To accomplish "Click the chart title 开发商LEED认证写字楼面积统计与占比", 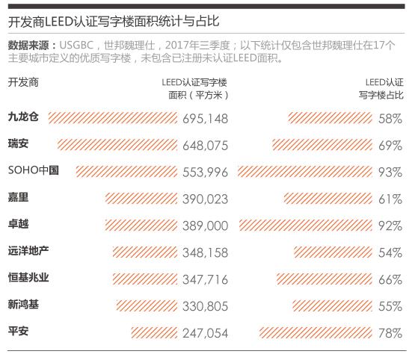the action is (114, 22).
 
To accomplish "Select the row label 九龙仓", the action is (23, 117).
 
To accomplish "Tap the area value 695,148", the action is (206, 119).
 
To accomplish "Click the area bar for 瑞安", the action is (117, 145).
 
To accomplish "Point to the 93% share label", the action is (390, 173).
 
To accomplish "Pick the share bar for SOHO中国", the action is (304, 172).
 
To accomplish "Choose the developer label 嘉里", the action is (18, 197).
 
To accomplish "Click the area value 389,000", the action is (206, 226).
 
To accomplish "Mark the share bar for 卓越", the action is (306, 226).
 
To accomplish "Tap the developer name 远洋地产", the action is (28, 251).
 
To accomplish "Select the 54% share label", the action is (390, 252).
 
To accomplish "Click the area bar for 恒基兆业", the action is (145, 279).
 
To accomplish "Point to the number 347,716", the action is (206, 279).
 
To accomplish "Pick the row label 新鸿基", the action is (23, 304).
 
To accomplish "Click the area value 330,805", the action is (206, 306).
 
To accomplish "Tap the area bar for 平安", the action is (154, 332).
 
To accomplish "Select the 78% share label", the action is (390, 333).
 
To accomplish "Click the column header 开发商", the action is (23, 82).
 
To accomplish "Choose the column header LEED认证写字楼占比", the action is (381, 89).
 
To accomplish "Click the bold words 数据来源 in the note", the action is (28, 46).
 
